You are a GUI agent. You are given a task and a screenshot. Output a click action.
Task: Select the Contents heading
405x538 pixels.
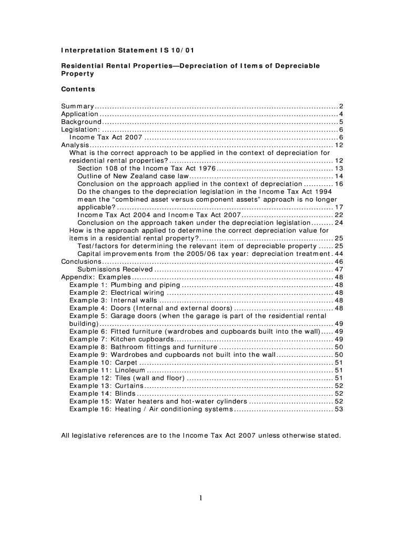(78, 89)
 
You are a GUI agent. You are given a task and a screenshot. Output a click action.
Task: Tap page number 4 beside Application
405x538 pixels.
(341, 114)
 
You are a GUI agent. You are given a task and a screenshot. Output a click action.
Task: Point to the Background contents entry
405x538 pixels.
(81, 122)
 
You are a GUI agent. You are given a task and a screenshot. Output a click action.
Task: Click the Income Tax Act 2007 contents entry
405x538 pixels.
(106, 137)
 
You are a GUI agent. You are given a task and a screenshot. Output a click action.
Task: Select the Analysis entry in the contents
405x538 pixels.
(75, 145)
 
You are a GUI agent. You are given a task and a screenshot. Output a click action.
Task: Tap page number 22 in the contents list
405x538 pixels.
(339, 215)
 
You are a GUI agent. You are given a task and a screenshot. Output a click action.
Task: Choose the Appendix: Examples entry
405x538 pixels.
(96, 277)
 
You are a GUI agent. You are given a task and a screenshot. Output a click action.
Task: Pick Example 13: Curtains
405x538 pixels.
(106, 386)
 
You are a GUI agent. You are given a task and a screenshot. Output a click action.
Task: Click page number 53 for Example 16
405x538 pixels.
(339, 409)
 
